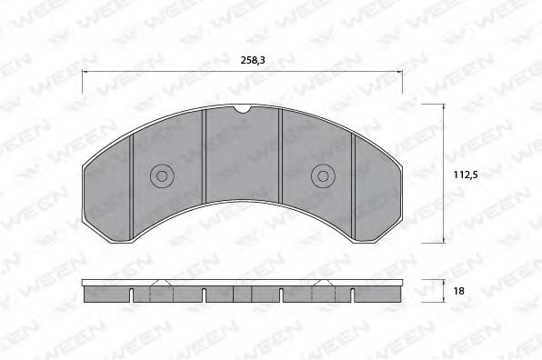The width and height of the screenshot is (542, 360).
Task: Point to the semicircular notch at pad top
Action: coord(243,110)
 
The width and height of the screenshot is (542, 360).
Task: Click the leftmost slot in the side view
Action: coord(133,295)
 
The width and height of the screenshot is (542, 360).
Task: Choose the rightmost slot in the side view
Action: coord(353,295)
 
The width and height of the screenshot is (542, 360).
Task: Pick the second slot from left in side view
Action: coord(206,295)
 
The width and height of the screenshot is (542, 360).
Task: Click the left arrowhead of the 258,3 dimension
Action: coord(85,70)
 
